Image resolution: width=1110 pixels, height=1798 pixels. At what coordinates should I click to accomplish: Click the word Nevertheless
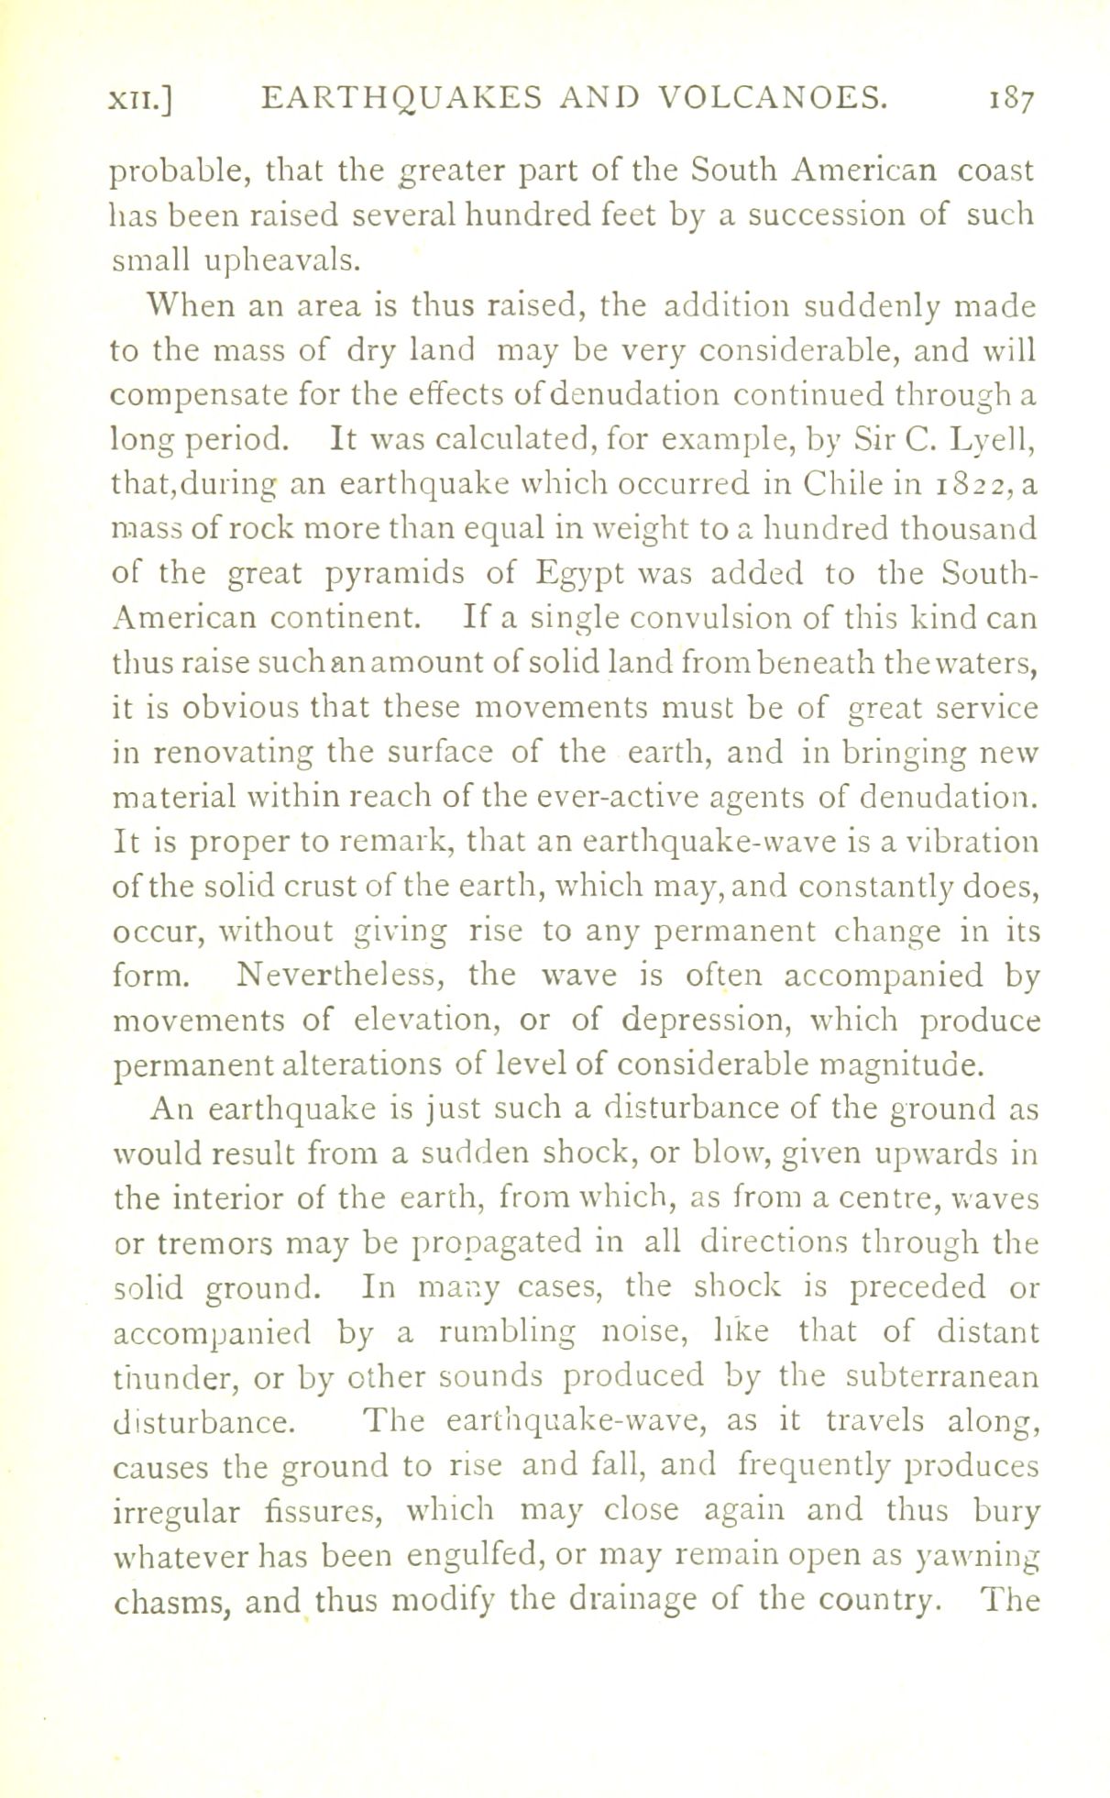click(340, 975)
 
